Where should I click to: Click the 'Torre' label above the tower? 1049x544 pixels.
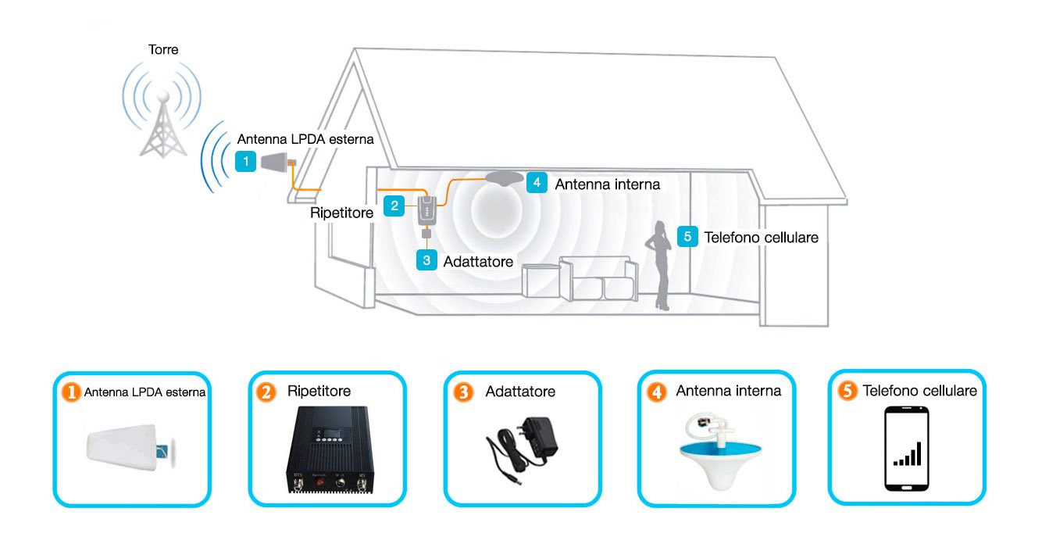(x=163, y=49)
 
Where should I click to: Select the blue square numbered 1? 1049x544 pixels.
(x=245, y=162)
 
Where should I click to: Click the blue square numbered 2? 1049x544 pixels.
(x=394, y=206)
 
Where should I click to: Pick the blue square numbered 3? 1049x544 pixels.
(x=426, y=260)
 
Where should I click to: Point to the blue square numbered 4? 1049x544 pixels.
(x=537, y=183)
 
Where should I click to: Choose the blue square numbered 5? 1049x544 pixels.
(x=687, y=237)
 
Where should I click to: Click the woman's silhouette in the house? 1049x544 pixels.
(x=659, y=265)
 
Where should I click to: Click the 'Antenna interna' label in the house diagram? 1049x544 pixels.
(x=608, y=184)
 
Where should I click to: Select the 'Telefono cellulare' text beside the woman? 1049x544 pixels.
(x=761, y=238)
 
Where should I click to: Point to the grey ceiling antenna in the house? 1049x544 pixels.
(x=504, y=178)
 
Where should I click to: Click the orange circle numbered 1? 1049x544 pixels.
(x=72, y=392)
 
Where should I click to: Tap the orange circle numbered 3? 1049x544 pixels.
(x=463, y=392)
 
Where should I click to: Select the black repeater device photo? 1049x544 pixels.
(x=330, y=450)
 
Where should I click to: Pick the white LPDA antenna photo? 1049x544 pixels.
(x=130, y=447)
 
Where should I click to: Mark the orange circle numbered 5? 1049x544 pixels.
(x=847, y=391)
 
